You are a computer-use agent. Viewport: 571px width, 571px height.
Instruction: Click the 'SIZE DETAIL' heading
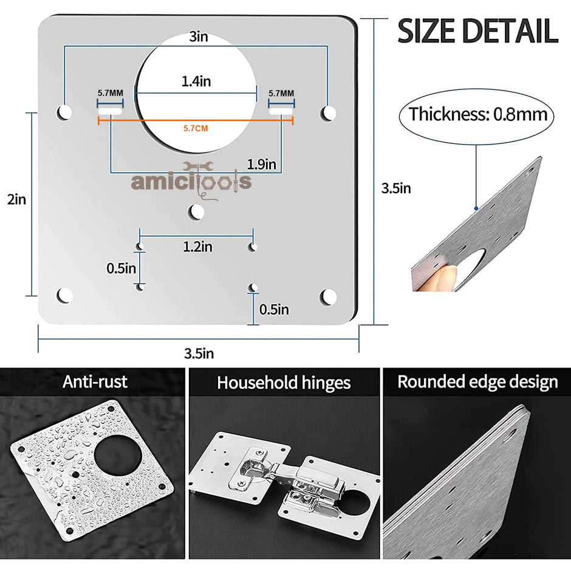[x=477, y=32]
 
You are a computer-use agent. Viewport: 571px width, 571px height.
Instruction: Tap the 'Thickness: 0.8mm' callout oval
[x=477, y=114]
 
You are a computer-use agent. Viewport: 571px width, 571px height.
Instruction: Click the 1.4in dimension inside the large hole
[x=196, y=80]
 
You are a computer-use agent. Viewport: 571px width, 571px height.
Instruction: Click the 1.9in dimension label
[x=261, y=163]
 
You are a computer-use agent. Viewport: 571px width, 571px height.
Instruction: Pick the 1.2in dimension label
[x=197, y=247]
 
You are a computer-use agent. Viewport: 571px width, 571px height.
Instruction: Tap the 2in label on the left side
[x=16, y=199]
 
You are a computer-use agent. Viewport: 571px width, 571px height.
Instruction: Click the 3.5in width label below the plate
[x=199, y=353]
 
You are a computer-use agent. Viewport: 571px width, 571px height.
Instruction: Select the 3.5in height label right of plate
[x=395, y=188]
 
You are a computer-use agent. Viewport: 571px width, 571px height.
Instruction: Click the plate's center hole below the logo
[x=196, y=211]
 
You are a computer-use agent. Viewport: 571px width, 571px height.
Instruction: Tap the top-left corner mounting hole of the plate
[x=64, y=112]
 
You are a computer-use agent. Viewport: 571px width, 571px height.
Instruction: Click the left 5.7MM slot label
[x=110, y=94]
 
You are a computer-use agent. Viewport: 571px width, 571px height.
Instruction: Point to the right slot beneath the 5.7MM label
[x=282, y=112]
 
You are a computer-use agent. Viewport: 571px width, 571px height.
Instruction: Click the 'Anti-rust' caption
[x=95, y=381]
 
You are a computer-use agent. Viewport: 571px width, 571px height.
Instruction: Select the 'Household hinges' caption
[x=284, y=383]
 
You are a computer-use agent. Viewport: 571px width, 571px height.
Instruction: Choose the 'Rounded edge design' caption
[x=477, y=381]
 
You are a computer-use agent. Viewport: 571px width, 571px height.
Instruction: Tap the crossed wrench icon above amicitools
[x=196, y=167]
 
